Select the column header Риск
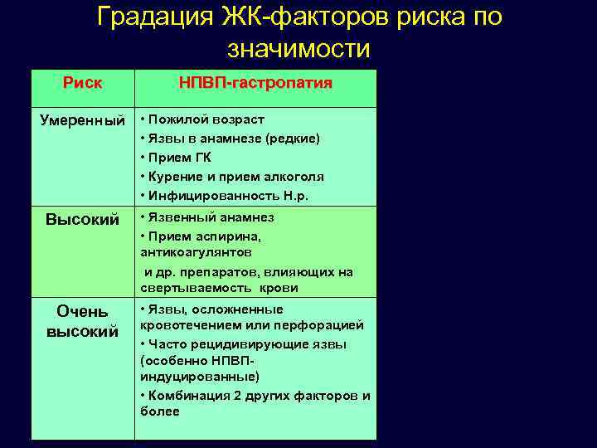tap(83, 84)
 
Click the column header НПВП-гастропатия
tap(255, 84)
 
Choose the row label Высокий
tap(82, 220)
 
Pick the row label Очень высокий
tap(82, 321)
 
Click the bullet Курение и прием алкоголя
tap(235, 177)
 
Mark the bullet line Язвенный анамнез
tap(211, 217)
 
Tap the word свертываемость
tap(190, 288)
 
